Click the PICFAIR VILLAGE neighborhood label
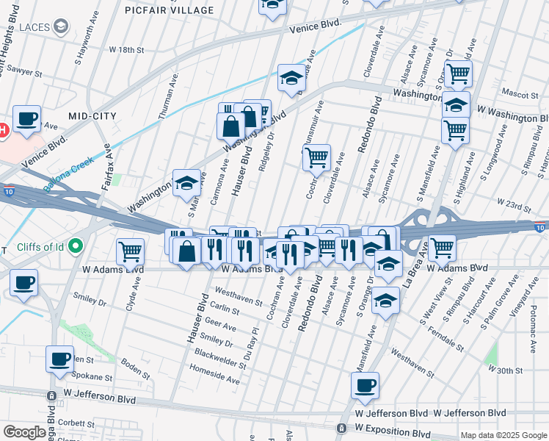point(170,10)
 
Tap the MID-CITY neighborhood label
point(92,116)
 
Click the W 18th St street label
point(127,49)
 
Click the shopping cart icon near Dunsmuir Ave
point(316,156)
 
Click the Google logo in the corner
point(24,432)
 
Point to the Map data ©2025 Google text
point(503,435)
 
